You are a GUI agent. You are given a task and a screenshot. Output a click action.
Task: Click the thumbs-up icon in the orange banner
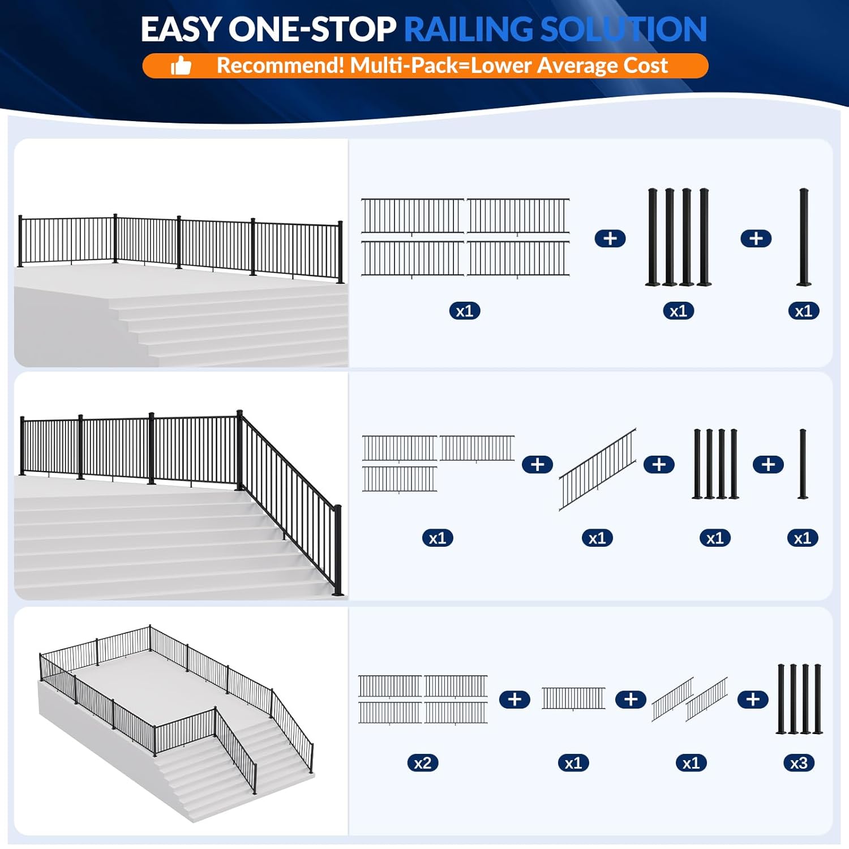[x=181, y=66]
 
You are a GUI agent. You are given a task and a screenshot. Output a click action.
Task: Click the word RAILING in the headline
[x=469, y=29]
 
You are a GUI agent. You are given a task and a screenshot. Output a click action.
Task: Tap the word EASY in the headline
[x=181, y=29]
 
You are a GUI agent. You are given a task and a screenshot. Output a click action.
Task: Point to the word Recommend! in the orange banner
[x=280, y=66]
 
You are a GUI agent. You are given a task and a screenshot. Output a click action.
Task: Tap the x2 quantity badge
[x=423, y=763]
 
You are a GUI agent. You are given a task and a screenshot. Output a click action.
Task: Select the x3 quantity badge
[x=799, y=763]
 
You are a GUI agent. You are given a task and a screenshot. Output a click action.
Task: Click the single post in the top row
[x=804, y=237]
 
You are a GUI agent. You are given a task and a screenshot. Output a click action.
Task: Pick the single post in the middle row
[x=803, y=464]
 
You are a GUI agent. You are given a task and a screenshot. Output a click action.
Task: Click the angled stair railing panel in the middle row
[x=598, y=469]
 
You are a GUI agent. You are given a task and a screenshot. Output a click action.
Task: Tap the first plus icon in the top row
[x=610, y=238]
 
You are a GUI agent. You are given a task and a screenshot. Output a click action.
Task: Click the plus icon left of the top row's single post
[x=756, y=238]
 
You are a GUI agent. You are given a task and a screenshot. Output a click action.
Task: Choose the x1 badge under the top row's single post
[x=803, y=311]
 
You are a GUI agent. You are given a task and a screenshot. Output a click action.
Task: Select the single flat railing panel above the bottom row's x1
[x=573, y=698]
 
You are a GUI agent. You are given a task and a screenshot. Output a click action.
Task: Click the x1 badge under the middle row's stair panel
[x=597, y=538]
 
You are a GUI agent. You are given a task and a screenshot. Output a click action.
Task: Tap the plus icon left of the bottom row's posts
[x=752, y=700]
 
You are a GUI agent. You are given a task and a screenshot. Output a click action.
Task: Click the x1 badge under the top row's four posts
[x=678, y=311]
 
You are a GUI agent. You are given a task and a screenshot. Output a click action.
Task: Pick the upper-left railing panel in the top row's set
[x=413, y=216]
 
